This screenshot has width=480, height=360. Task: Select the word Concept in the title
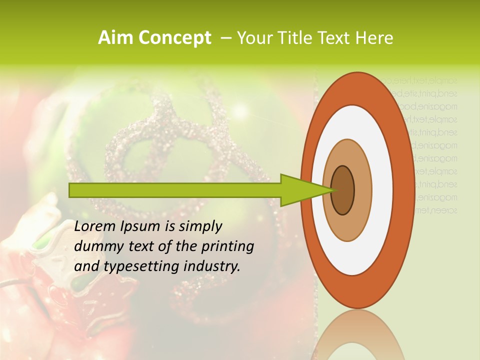[x=174, y=38]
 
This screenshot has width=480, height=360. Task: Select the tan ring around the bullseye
[x=362, y=190]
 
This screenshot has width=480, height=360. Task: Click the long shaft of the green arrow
[x=175, y=190]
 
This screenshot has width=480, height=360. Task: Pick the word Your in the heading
[x=252, y=38]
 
